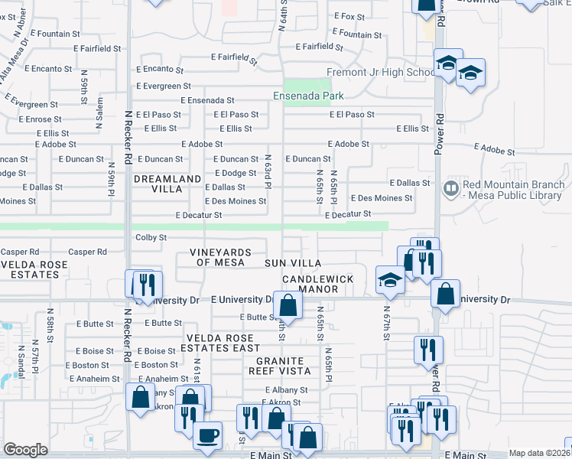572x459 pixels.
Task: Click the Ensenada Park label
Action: (x=309, y=96)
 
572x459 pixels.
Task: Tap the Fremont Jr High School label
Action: (x=380, y=73)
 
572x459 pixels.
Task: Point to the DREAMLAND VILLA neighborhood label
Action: (x=158, y=184)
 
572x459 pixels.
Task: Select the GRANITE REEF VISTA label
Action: (x=284, y=366)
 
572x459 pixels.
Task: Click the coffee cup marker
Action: (x=207, y=436)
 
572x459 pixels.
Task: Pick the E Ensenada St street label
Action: (x=207, y=100)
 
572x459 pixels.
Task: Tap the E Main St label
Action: (x=271, y=454)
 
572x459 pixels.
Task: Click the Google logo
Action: (x=25, y=450)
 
